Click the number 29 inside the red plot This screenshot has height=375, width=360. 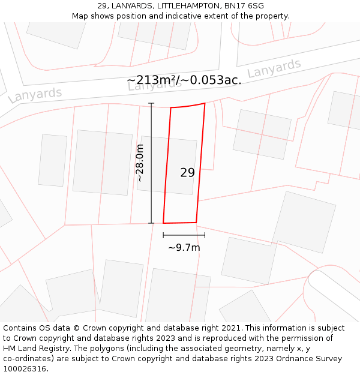point(187,173)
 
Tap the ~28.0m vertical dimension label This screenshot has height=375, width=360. point(140,163)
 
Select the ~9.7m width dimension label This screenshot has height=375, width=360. point(184,247)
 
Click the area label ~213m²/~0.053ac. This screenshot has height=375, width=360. point(184,80)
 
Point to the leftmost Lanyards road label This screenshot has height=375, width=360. point(35,95)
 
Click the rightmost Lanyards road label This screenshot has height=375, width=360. point(274,68)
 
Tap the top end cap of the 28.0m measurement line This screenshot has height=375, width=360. point(151,104)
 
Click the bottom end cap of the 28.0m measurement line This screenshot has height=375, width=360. point(151,223)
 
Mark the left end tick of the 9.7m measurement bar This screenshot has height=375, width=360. point(163,235)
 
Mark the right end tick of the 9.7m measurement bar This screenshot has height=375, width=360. point(205,235)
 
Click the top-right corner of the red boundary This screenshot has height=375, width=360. point(205,103)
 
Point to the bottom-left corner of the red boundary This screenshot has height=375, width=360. point(163,223)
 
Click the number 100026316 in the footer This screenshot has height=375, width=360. point(23,369)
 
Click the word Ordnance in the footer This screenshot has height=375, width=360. point(296,359)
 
